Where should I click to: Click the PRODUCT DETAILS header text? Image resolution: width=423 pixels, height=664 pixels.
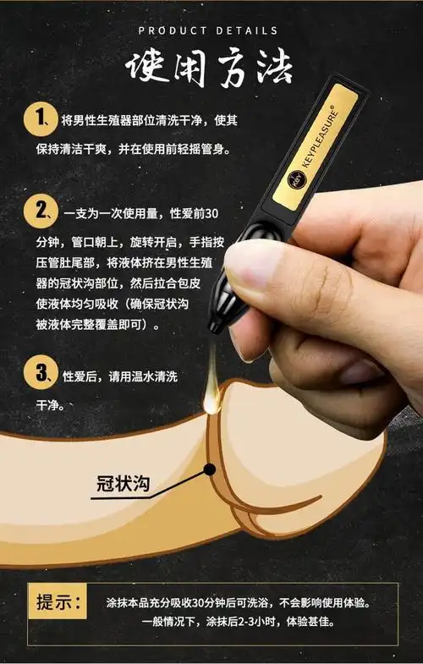[x=208, y=31]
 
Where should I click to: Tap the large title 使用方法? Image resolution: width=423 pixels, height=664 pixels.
[x=209, y=69]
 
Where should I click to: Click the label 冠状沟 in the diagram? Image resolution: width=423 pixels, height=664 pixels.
[x=124, y=483]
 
